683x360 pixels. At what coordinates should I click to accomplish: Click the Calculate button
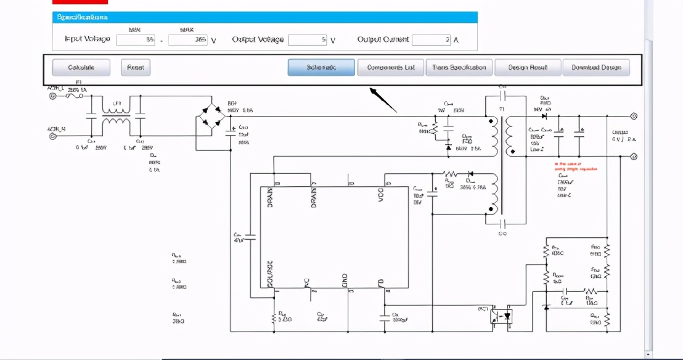pos(81,67)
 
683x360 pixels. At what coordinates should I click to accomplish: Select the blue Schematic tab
pos(321,67)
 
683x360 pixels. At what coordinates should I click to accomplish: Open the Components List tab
pos(391,67)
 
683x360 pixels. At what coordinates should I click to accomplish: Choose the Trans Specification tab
pos(459,67)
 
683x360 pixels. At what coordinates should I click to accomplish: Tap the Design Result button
pos(528,67)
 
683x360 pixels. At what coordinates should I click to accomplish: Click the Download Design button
pos(596,67)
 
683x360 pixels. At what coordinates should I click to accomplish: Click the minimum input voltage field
pos(136,40)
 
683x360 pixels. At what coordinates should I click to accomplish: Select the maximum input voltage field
pos(188,40)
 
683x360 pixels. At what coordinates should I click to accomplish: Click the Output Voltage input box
pos(307,40)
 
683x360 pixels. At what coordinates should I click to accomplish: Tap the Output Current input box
pos(431,40)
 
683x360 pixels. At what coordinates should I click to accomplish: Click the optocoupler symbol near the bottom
pos(502,316)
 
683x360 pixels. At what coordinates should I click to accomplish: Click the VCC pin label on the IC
pos(380,197)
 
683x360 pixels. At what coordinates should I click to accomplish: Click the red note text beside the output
pos(576,166)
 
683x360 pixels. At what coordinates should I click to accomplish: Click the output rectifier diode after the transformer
pos(544,116)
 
